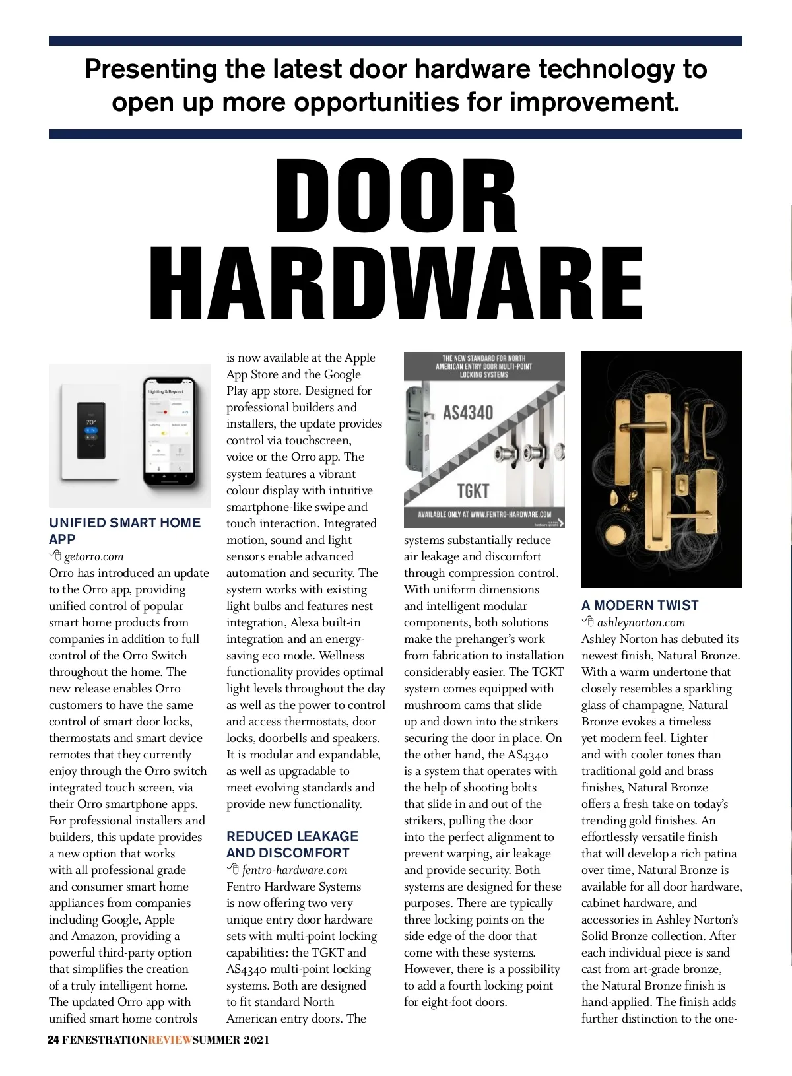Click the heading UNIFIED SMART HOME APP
pos(124,531)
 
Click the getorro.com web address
pos(94,556)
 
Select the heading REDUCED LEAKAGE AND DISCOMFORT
pos(292,844)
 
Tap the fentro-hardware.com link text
pos(294,870)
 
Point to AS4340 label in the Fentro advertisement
pos(468,413)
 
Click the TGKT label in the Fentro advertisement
pos(473,491)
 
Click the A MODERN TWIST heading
pos(640,605)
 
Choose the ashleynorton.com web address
pos(641,622)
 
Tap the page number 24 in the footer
pos(53,1040)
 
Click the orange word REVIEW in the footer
pos(170,1040)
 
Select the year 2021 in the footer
pos(256,1040)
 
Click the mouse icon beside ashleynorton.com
pos(588,622)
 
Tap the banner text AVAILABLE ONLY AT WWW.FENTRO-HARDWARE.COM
pos(484,514)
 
